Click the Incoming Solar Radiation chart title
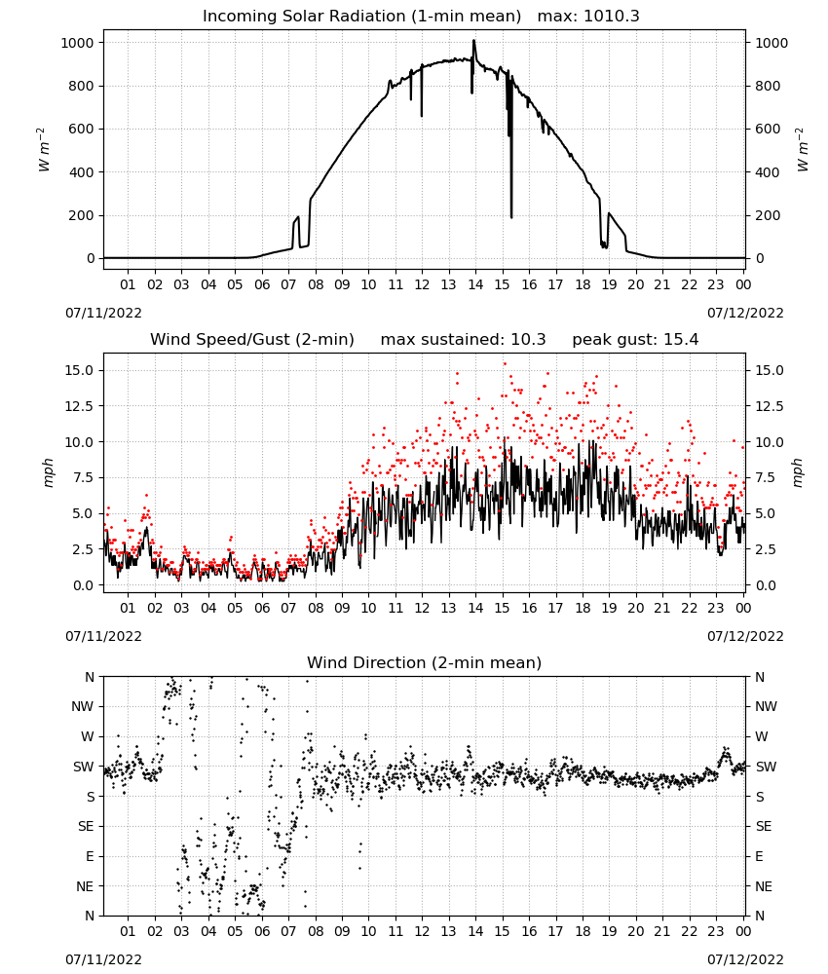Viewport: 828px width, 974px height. point(361,17)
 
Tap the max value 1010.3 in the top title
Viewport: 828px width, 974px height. point(612,17)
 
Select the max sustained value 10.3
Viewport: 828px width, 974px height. point(528,340)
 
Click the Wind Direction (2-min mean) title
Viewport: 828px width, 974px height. point(425,662)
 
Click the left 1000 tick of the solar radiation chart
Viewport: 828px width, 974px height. point(77,43)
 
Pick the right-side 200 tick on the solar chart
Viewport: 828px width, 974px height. point(768,215)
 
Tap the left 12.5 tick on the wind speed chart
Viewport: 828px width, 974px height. point(80,406)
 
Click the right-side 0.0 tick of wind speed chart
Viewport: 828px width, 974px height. point(766,585)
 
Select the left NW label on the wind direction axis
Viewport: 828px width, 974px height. point(83,707)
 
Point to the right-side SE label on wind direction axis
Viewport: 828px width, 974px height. point(764,827)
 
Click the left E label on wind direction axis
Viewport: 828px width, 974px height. point(90,856)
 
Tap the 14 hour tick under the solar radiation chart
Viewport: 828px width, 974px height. point(475,284)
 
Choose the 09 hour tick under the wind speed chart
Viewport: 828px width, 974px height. point(342,608)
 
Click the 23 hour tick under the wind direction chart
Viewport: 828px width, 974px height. point(716,931)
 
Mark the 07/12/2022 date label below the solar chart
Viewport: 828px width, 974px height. point(745,313)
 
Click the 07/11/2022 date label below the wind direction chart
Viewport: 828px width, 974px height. point(103,959)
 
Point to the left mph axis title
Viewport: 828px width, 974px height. point(48,472)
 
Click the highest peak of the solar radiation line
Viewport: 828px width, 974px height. point(474,40)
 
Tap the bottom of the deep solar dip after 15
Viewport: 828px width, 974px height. point(511,217)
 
